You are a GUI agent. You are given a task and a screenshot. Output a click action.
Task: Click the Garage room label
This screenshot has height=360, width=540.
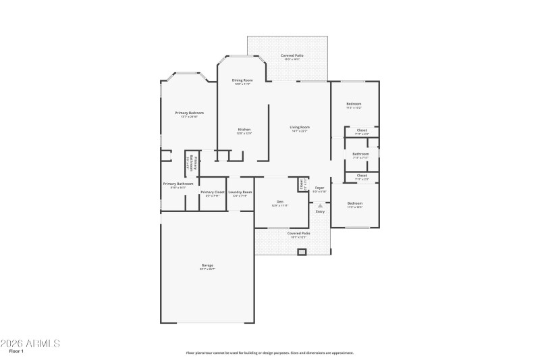(207, 265)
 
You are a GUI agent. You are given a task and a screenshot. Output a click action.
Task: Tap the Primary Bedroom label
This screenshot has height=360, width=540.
(189, 113)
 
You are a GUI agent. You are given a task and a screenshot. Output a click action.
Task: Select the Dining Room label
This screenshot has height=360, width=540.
(242, 80)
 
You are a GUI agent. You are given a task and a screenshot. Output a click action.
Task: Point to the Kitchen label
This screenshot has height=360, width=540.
(244, 130)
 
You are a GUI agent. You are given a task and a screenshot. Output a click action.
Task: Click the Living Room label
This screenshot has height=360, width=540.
(300, 127)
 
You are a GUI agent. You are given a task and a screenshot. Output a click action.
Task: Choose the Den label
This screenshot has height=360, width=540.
(279, 201)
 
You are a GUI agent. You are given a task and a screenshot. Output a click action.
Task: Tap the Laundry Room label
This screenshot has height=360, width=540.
(240, 192)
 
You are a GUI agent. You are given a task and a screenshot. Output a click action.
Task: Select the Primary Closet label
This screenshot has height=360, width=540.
(213, 192)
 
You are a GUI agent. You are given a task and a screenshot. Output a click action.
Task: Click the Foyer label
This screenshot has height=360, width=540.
(319, 188)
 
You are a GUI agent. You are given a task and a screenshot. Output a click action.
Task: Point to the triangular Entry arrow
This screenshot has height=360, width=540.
(320, 205)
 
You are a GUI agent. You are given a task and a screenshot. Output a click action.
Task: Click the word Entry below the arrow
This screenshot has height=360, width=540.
(320, 212)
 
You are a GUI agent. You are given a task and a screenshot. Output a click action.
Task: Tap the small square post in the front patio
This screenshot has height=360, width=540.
(302, 252)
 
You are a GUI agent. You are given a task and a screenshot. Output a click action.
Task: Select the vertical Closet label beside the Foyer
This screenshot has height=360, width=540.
(301, 183)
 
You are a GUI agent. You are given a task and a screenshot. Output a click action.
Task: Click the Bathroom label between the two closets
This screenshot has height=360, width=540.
(360, 154)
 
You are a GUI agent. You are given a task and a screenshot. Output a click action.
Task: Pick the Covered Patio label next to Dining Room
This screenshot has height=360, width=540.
(291, 55)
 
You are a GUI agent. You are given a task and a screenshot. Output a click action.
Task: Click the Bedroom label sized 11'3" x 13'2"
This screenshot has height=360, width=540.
(354, 103)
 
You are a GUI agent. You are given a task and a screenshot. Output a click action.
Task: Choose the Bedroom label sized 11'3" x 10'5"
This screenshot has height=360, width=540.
(354, 203)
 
